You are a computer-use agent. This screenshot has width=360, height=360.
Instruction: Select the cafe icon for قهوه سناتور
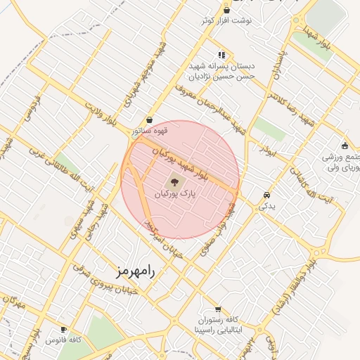coord(149,120)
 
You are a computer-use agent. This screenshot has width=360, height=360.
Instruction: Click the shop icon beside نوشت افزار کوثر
coord(226,10)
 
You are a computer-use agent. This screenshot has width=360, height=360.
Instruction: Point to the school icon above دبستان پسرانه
coord(222,54)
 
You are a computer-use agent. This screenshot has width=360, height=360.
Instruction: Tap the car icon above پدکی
coord(266,195)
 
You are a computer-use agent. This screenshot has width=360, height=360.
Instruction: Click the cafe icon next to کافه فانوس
coord(64,329)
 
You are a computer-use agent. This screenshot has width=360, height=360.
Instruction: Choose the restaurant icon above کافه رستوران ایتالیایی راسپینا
coord(218,309)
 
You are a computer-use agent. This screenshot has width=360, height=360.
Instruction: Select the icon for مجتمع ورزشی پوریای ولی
coord(344,146)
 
